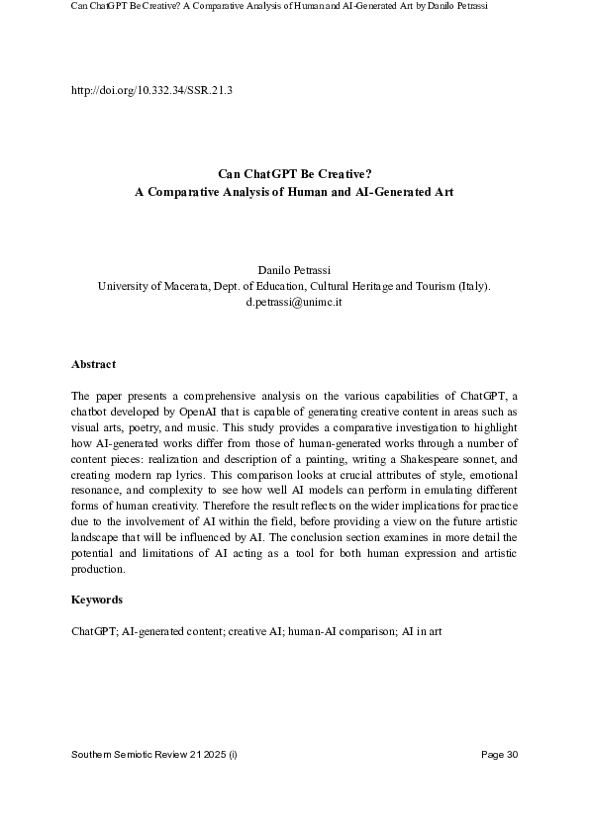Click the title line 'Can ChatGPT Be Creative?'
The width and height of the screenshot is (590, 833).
pyautogui.click(x=294, y=174)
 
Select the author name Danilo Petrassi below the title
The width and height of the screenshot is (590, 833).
pyautogui.click(x=294, y=269)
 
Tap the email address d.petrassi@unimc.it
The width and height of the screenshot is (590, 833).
pyautogui.click(x=294, y=302)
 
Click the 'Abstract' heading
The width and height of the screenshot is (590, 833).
pyautogui.click(x=93, y=364)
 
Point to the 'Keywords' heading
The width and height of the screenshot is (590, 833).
pyautogui.click(x=97, y=600)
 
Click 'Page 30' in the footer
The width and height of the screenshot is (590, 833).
pyautogui.click(x=499, y=756)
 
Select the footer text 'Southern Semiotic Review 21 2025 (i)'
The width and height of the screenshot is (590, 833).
pyautogui.click(x=154, y=756)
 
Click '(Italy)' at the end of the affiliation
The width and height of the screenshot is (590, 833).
pyautogui.click(x=471, y=286)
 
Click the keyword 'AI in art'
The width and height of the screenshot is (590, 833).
pyautogui.click(x=420, y=629)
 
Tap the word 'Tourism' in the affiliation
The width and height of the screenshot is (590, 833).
pyautogui.click(x=430, y=286)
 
